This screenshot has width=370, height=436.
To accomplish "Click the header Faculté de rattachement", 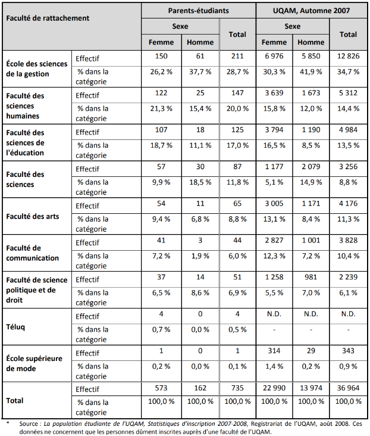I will point(48,18).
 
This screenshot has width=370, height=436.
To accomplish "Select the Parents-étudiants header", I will point(199,10).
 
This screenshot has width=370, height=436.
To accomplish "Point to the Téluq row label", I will point(16,326).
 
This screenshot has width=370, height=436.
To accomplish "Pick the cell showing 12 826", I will point(348,56).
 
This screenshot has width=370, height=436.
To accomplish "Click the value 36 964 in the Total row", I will point(348,388).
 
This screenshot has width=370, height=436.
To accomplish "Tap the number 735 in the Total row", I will point(237,388).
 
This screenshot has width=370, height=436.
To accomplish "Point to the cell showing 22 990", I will point(274,388).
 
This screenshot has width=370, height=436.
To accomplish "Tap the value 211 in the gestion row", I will point(237,56).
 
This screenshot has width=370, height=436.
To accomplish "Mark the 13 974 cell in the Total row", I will point(311,388).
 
